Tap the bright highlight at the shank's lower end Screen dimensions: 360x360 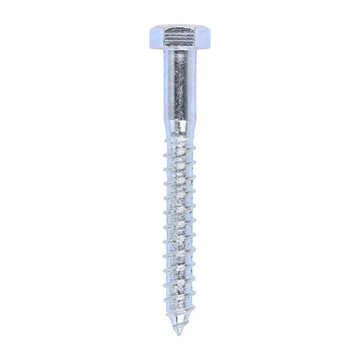(x=180, y=123)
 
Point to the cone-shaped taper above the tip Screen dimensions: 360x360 (x=179, y=324)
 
